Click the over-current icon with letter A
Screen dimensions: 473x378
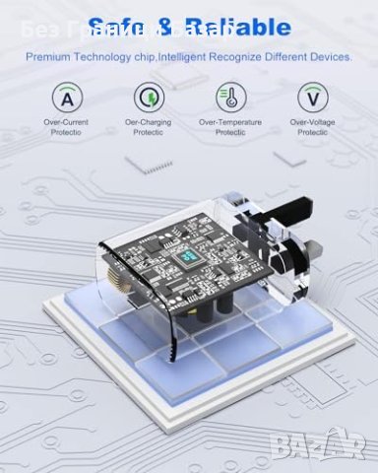click(68, 98)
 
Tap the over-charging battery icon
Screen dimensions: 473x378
click(148, 98)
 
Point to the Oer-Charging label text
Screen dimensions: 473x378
click(148, 123)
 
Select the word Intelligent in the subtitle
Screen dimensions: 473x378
click(181, 57)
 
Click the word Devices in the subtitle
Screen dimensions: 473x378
click(331, 57)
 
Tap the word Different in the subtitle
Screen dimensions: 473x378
click(285, 57)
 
